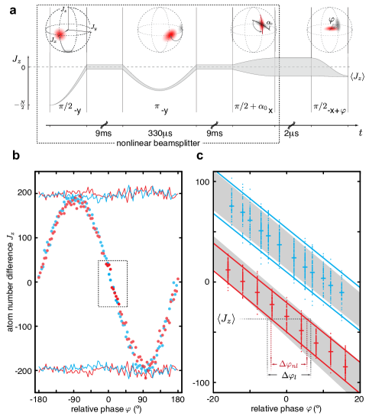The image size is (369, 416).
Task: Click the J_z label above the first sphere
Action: (64, 9)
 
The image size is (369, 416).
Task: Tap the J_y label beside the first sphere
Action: (93, 27)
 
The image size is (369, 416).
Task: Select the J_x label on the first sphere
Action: (52, 39)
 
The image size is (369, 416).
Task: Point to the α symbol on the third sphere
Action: (269, 24)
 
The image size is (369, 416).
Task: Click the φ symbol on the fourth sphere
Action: (332, 21)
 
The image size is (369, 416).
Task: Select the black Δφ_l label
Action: (290, 376)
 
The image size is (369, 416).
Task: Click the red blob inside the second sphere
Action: (170, 34)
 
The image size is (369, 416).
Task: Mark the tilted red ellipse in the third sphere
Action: (261, 24)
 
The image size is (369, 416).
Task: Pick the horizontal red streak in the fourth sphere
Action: (332, 28)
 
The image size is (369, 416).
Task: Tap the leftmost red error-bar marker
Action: (228, 269)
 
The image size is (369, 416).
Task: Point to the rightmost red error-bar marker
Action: (345, 356)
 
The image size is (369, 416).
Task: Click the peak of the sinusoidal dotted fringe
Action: (73, 202)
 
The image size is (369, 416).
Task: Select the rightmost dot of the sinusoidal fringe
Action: (178, 279)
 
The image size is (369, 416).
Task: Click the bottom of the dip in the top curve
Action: (160, 89)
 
